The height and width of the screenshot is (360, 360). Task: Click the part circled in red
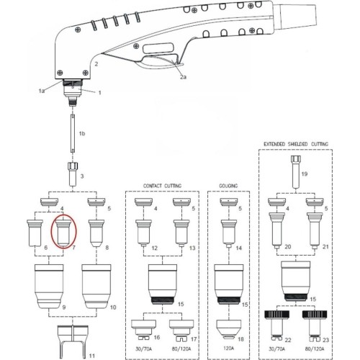coord(63,233)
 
